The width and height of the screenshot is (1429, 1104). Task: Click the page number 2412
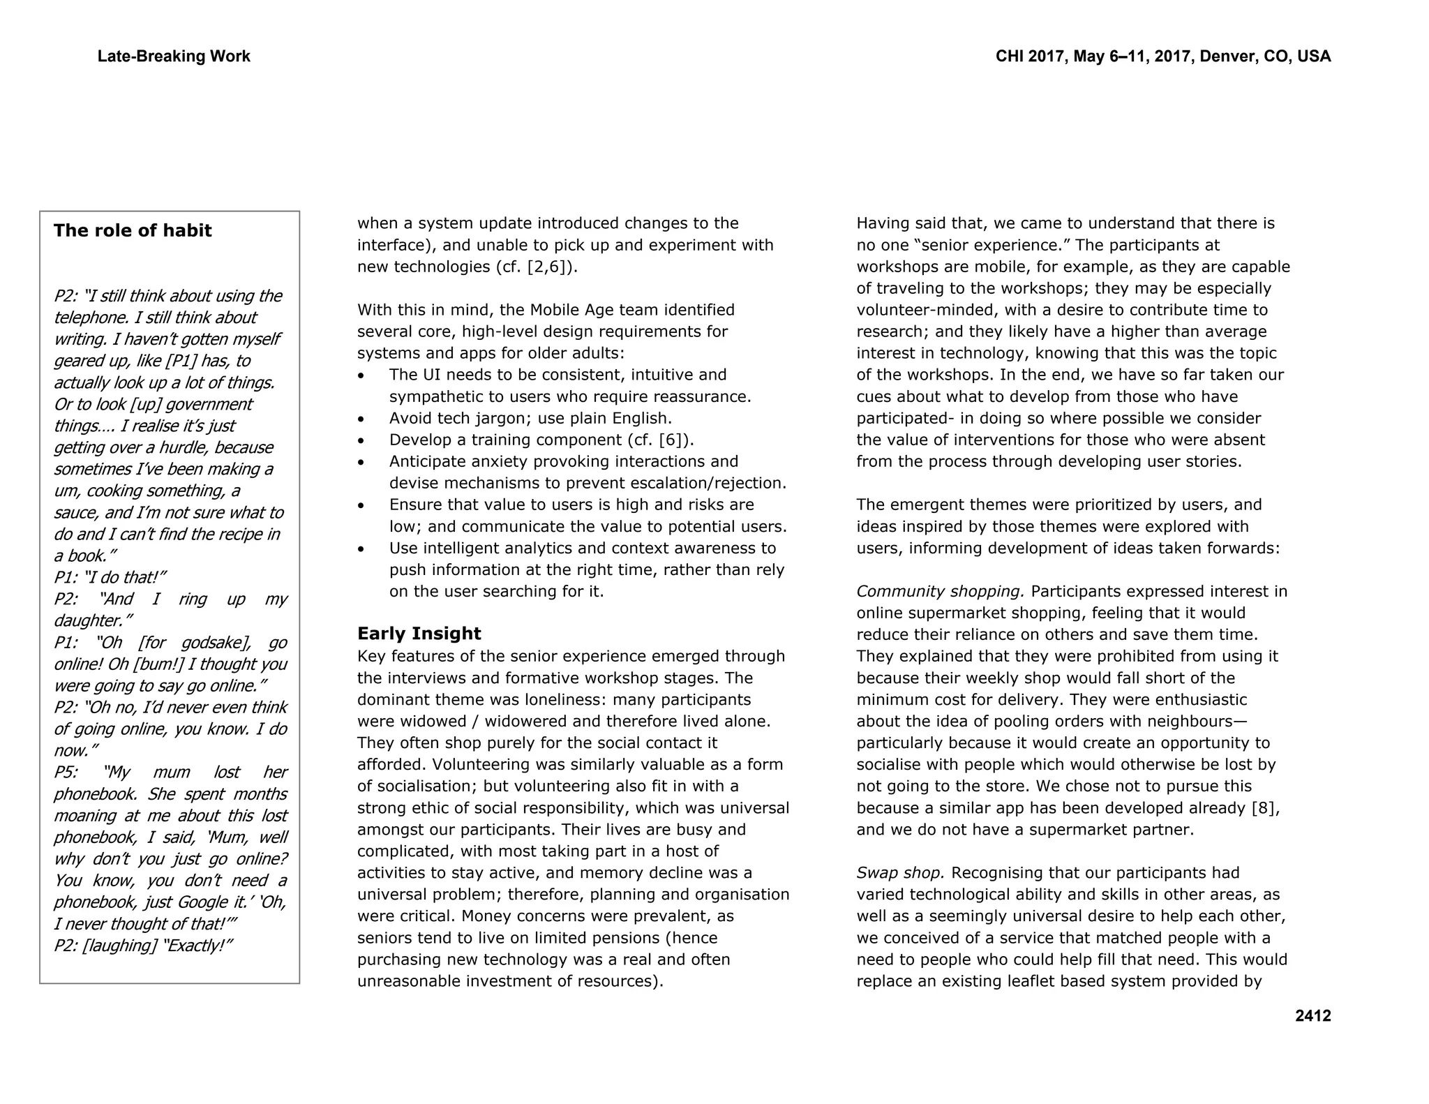(1312, 1016)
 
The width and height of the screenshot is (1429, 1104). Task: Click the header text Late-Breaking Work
(174, 57)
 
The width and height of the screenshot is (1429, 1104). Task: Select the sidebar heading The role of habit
(133, 231)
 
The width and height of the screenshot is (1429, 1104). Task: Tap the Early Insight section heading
(419, 634)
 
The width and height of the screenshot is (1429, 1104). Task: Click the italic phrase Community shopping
(940, 592)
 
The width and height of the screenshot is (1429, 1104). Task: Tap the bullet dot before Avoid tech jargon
(361, 419)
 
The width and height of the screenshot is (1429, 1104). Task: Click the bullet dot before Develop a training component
(361, 441)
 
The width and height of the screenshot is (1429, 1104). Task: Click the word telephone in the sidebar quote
(86, 318)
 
